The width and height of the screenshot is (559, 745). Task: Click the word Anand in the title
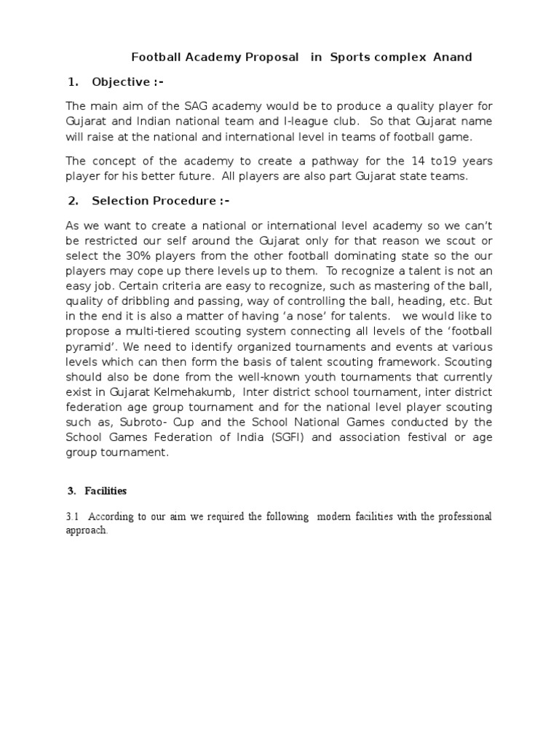[453, 57]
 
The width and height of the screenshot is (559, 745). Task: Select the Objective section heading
[120, 82]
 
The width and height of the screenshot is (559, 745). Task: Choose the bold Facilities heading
[106, 491]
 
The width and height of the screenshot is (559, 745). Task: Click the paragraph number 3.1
[72, 517]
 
